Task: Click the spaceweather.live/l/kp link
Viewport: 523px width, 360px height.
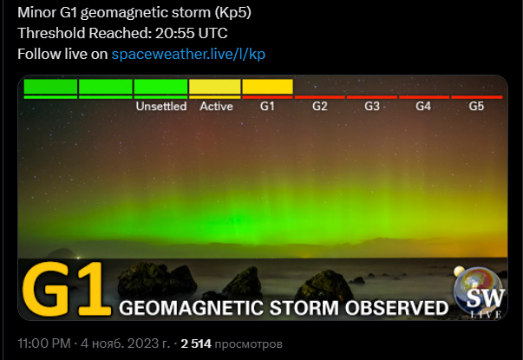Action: [x=188, y=54]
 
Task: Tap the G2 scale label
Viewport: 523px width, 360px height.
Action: [x=320, y=106]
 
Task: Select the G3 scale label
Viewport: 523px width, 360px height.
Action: [x=372, y=106]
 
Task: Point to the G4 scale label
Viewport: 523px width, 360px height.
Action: [x=423, y=106]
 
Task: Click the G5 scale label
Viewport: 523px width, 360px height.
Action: [x=476, y=106]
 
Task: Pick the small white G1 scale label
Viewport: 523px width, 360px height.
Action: [x=267, y=106]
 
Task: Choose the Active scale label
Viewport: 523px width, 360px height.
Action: [x=216, y=107]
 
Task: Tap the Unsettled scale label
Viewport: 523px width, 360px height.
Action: [x=161, y=107]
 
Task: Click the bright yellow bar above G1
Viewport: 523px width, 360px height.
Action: [x=267, y=87]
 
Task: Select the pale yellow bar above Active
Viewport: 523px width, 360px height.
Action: [x=215, y=87]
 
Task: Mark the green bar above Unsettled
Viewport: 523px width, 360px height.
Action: [x=160, y=87]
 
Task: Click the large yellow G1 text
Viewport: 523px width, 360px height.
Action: [x=67, y=289]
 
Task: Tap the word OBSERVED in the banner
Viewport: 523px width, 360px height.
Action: [x=396, y=308]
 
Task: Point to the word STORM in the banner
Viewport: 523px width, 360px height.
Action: [x=304, y=308]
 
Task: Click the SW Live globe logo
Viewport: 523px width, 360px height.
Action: [x=480, y=292]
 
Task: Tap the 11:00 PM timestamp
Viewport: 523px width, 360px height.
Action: [x=44, y=344]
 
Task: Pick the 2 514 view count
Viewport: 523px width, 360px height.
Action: [x=196, y=344]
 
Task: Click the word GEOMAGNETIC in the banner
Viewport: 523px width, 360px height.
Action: [x=191, y=308]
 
